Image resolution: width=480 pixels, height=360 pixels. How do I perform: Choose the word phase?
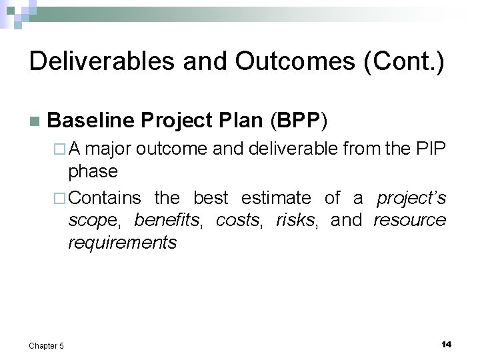click(x=93, y=171)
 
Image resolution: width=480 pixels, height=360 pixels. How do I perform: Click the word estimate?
click(x=275, y=198)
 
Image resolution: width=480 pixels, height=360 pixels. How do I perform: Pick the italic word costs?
click(x=237, y=220)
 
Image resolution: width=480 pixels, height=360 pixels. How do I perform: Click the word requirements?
click(x=122, y=242)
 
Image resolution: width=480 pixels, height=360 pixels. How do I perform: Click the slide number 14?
click(x=446, y=344)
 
